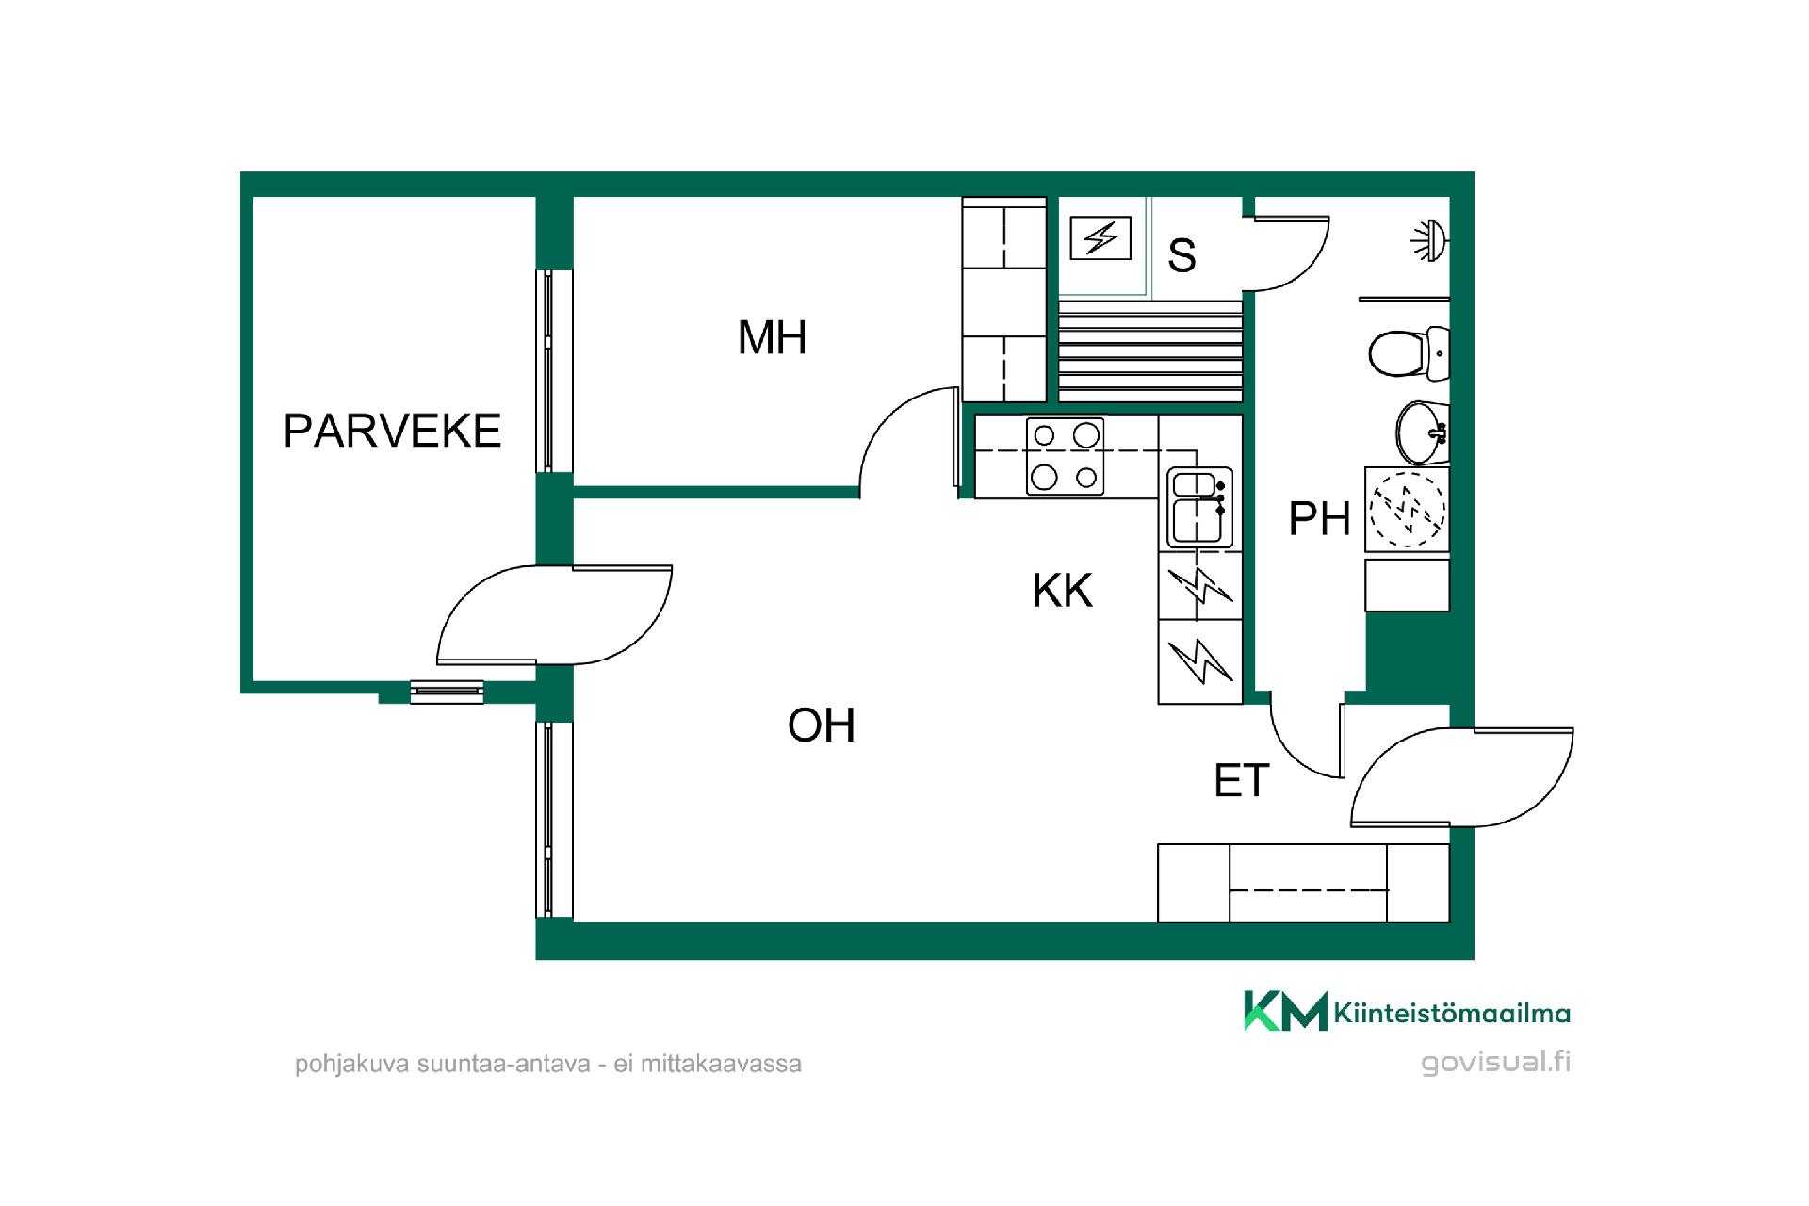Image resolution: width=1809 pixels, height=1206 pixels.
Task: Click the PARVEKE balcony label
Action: pos(392,431)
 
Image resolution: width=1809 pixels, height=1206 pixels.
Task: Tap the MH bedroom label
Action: pos(772,337)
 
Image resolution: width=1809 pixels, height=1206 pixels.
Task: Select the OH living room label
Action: pos(822,725)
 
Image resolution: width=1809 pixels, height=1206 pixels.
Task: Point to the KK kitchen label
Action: pos(1062,591)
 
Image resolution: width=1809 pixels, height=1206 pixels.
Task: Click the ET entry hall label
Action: pos(1242,781)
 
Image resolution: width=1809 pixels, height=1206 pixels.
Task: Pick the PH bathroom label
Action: pos(1319,518)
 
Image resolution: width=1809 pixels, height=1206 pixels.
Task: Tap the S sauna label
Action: pos(1182,255)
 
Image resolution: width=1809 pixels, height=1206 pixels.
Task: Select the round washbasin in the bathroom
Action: pos(1421,433)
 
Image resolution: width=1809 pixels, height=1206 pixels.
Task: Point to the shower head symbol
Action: pos(1429,239)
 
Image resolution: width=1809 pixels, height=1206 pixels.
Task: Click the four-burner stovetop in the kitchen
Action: pos(1065,457)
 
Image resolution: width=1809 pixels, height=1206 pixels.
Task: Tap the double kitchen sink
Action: pos(1199,507)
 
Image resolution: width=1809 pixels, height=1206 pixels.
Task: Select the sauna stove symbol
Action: pos(1100,238)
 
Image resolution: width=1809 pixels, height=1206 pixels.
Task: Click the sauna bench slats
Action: pos(1150,350)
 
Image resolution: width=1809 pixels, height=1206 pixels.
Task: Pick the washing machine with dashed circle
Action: pos(1407,510)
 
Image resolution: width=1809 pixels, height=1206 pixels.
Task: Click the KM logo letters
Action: pos(1285,1011)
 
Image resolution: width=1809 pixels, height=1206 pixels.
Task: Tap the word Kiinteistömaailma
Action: pos(1452,1014)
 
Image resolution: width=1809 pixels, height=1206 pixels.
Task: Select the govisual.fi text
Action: pos(1496,1062)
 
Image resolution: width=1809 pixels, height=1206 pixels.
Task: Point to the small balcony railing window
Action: pos(447,692)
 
